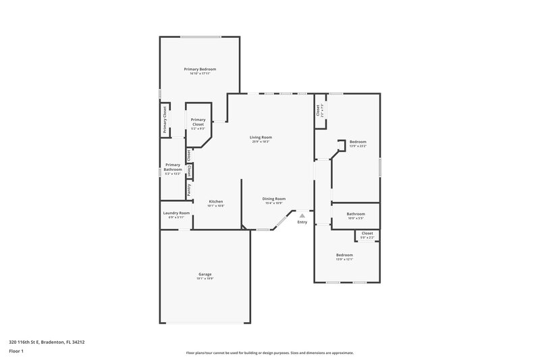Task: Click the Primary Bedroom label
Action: pyautogui.click(x=200, y=69)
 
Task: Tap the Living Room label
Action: pyautogui.click(x=262, y=137)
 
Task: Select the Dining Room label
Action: pyautogui.click(x=275, y=199)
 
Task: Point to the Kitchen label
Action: pyautogui.click(x=216, y=201)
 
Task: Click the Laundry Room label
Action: pyautogui.click(x=176, y=213)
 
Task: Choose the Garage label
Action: pyautogui.click(x=205, y=274)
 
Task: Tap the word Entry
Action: pyautogui.click(x=302, y=222)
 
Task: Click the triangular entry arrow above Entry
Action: pyautogui.click(x=302, y=215)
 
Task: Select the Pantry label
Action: pyautogui.click(x=189, y=190)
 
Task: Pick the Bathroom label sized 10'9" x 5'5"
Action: pyautogui.click(x=355, y=213)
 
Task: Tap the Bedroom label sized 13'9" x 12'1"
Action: pyautogui.click(x=344, y=255)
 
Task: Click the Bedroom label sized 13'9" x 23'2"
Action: pyautogui.click(x=358, y=141)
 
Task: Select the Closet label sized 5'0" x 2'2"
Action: pyautogui.click(x=367, y=233)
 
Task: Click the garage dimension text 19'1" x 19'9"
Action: pyautogui.click(x=205, y=278)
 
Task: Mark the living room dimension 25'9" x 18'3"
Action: pyautogui.click(x=262, y=142)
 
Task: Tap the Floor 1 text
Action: pyautogui.click(x=16, y=351)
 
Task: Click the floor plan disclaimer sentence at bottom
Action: pyautogui.click(x=269, y=353)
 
